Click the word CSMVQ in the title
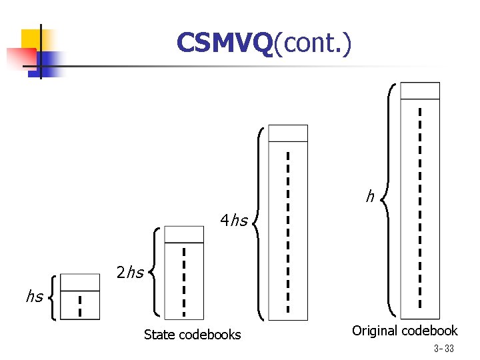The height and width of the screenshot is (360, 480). click(x=225, y=44)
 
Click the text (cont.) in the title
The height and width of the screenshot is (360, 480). click(x=312, y=44)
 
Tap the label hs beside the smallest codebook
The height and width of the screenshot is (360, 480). click(x=35, y=296)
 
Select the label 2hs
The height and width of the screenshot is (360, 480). click(x=130, y=272)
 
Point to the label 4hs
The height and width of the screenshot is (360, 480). click(x=234, y=220)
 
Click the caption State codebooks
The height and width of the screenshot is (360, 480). click(x=192, y=335)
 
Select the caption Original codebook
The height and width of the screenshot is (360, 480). click(x=405, y=331)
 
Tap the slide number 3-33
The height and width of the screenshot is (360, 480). click(x=443, y=349)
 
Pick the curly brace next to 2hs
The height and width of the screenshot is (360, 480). click(x=155, y=271)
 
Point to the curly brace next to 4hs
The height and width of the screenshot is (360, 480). click(x=259, y=223)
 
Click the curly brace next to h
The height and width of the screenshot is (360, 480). click(x=389, y=199)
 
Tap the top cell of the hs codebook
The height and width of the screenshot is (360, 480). click(x=80, y=283)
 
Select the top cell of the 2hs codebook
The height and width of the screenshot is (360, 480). click(x=184, y=234)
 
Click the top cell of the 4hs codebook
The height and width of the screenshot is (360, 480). click(x=287, y=133)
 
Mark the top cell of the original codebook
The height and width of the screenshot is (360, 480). click(x=419, y=91)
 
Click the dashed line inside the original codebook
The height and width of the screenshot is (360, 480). click(x=419, y=207)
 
